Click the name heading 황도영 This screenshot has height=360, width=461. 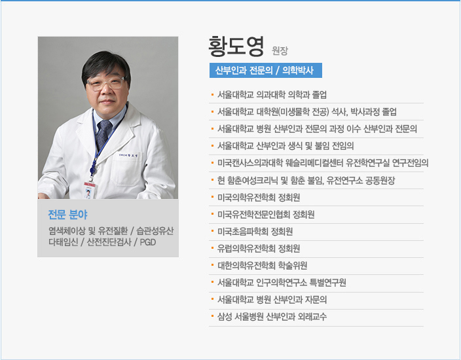pos(236,46)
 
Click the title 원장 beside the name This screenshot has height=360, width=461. pos(280,51)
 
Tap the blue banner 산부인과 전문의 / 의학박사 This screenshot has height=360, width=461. pos(266,70)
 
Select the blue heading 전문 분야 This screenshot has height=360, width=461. pos(67,215)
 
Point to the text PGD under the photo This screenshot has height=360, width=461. pos(148,242)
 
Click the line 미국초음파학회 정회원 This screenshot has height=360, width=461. pos(255,232)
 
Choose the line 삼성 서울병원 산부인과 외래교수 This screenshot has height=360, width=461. pos(272,317)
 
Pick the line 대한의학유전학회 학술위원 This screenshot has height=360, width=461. pos(262,266)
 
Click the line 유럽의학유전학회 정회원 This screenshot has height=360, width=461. pos(259,249)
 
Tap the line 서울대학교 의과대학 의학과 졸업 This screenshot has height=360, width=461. pos(272,95)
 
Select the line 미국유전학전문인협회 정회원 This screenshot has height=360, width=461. pos(266,215)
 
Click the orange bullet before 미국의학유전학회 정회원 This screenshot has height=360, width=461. pos(212,196)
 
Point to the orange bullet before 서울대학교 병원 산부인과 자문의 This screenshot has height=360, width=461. pos(212,299)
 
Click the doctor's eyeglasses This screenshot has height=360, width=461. pos(107,83)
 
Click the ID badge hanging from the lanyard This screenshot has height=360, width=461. pos(90,190)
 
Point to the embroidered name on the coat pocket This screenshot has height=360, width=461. pos(128,155)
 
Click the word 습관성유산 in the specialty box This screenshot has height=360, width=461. pos(155,231)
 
